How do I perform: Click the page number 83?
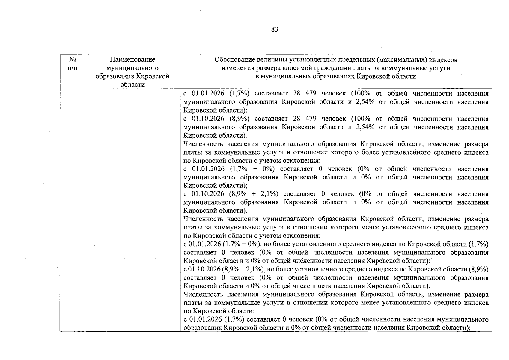[275, 29]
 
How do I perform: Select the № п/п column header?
[72, 64]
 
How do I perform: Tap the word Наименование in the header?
[132, 60]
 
